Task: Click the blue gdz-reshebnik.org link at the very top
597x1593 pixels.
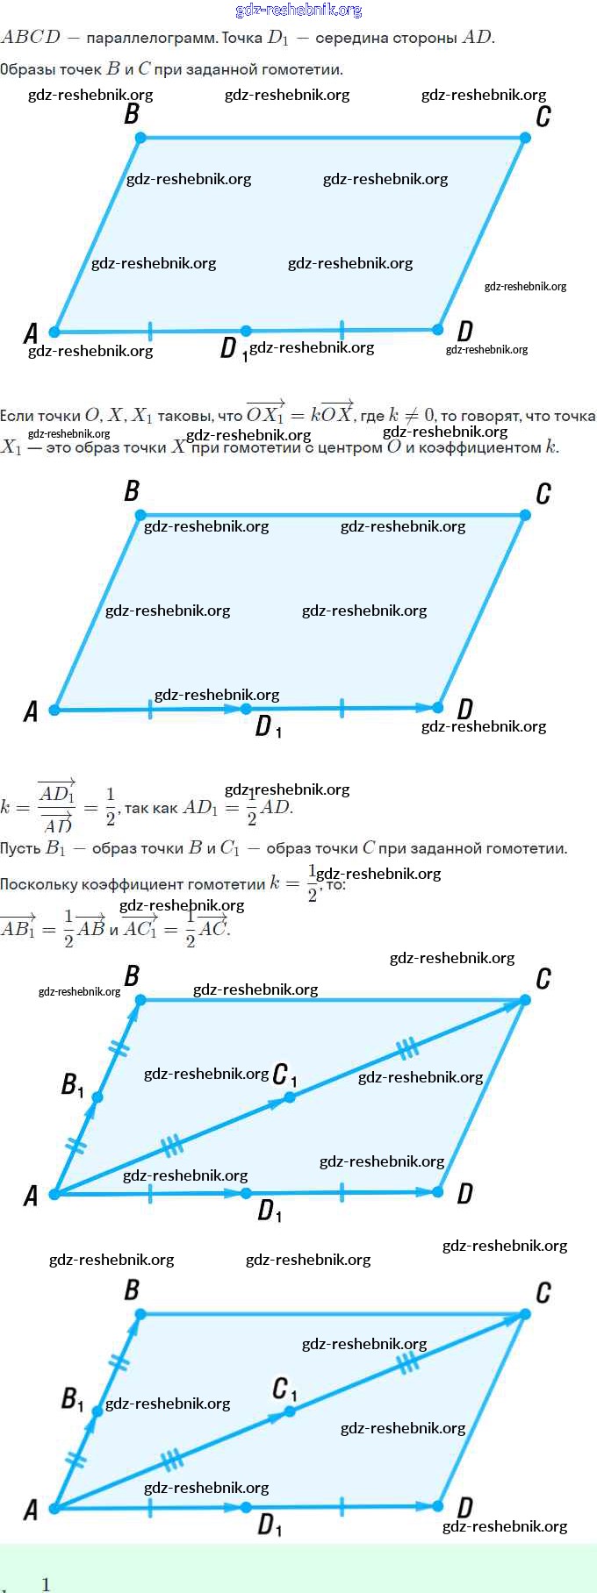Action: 298,10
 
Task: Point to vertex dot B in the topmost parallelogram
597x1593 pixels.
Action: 140,138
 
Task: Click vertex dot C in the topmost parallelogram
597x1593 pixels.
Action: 525,138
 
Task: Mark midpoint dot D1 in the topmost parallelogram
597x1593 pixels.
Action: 246,331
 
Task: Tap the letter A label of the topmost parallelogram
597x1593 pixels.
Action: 31,333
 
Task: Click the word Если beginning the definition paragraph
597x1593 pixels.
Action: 16,416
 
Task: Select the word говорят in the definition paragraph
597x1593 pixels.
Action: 488,416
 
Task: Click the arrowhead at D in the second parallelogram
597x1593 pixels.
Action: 436,708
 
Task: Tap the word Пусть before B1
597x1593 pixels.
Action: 20,848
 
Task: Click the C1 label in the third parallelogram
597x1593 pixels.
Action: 284,1075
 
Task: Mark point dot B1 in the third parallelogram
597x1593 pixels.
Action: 97,1097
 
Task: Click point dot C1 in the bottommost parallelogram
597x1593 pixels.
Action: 290,1411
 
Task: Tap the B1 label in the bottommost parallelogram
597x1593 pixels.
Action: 72,1398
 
